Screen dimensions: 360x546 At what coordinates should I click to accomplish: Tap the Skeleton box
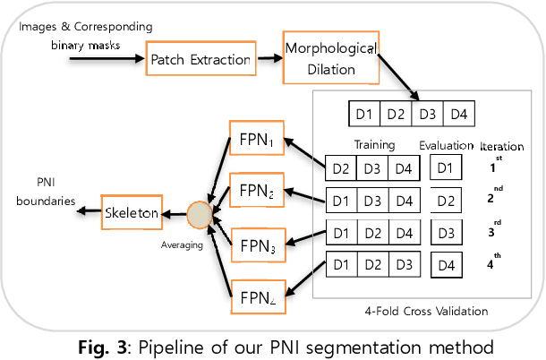click(132, 213)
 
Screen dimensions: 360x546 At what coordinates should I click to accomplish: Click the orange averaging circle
click(199, 215)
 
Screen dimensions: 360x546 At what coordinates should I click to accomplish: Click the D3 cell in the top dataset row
click(428, 115)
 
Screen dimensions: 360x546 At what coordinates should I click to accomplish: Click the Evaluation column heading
click(446, 145)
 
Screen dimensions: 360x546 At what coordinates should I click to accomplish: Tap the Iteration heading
click(502, 146)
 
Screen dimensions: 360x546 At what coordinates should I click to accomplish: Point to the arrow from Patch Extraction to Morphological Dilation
click(266, 60)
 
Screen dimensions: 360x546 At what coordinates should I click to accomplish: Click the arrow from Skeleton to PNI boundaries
click(88, 213)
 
